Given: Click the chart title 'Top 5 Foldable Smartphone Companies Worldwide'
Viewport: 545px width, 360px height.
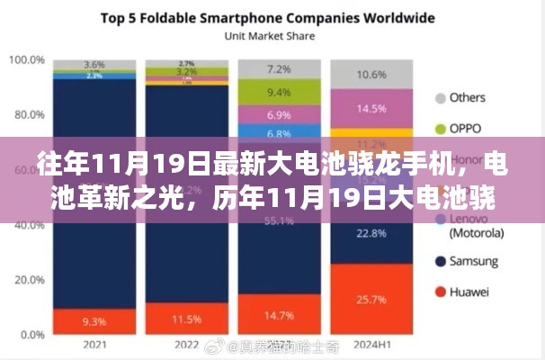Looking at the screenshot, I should pos(255,18).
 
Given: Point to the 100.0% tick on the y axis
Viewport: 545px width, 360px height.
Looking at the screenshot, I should pos(27,60).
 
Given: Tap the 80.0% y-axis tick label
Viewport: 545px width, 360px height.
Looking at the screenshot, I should pos(27,115).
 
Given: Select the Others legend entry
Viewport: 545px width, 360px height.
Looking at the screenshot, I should pos(466,97).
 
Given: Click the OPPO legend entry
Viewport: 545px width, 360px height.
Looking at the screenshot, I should pos(466,129).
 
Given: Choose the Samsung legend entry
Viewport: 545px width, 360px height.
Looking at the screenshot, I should pos(471,261).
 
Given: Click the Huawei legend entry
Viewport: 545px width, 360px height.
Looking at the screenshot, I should pos(468,292).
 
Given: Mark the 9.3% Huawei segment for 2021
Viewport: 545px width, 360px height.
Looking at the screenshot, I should pos(94,320).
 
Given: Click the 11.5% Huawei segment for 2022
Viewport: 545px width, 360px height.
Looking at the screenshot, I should pos(186,318).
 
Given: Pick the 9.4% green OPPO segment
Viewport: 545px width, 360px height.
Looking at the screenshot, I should pos(279,93).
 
